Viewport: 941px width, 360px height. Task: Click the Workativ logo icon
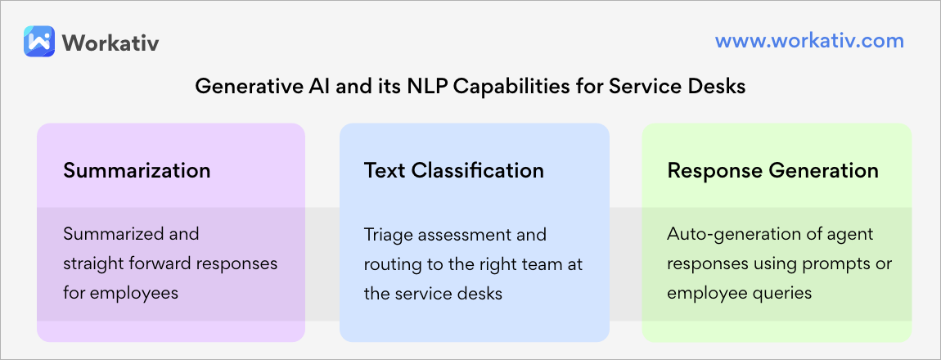tap(39, 41)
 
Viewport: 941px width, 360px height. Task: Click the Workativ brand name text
tap(110, 42)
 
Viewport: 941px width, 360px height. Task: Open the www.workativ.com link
tap(809, 41)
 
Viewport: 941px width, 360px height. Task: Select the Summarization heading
tap(137, 170)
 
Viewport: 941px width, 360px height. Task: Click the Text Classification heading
tap(454, 170)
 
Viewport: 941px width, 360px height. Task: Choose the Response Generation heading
tap(772, 170)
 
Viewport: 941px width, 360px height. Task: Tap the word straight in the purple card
tap(92, 263)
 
